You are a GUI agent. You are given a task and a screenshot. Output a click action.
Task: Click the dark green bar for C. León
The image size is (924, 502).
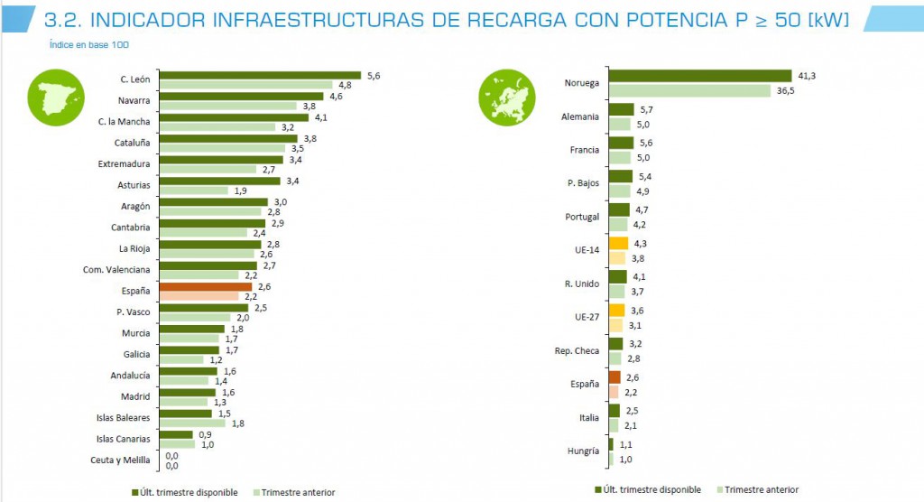(x=260, y=76)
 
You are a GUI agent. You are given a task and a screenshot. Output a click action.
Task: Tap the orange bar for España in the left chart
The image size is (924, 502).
(x=205, y=287)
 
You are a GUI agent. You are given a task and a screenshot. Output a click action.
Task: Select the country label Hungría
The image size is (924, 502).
(x=582, y=451)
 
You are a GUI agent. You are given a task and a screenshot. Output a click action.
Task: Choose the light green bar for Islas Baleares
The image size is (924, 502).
(x=192, y=423)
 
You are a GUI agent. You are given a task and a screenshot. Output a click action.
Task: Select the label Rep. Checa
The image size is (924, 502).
(x=577, y=350)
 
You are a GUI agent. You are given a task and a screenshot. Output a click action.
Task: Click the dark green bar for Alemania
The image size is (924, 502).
(x=621, y=109)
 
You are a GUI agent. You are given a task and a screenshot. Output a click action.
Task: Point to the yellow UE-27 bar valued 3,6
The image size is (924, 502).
(x=617, y=310)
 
